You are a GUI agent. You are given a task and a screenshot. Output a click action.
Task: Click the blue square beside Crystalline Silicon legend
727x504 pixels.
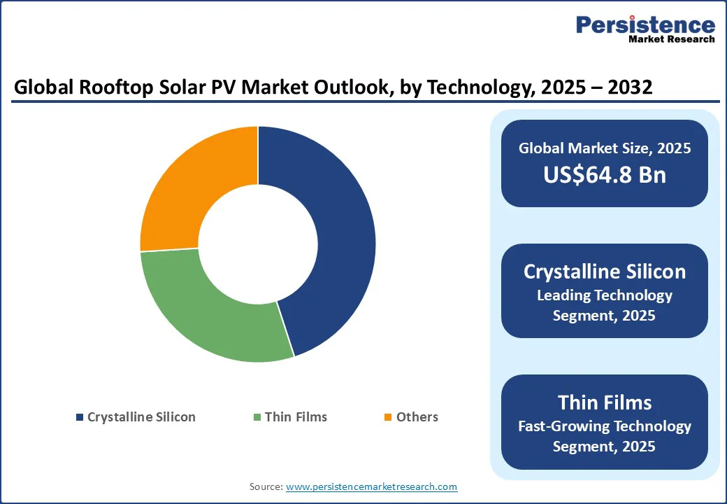[80, 417]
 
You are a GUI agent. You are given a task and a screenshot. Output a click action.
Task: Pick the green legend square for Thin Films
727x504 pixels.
[257, 417]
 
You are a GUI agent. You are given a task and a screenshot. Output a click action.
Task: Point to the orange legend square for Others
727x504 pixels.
[389, 417]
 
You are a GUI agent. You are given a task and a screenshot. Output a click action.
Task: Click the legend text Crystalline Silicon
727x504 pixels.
[141, 417]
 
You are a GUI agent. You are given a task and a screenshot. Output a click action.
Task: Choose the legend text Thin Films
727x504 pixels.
[296, 417]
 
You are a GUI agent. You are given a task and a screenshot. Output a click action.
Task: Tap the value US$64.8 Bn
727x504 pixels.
[605, 175]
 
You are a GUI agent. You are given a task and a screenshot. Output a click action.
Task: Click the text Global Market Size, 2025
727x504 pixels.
[605, 148]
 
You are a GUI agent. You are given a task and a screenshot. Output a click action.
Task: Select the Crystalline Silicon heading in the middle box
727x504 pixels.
[605, 272]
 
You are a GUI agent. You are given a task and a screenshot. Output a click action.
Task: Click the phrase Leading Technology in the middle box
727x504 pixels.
[605, 295]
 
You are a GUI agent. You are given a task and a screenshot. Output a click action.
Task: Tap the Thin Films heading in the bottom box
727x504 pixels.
[605, 402]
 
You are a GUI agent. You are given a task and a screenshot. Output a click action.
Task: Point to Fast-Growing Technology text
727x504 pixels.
[605, 426]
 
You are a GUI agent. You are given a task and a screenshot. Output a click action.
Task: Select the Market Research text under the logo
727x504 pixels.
[671, 39]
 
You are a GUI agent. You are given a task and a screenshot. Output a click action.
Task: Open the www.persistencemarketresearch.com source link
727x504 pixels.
[371, 486]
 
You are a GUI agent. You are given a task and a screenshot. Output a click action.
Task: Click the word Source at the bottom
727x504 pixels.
[266, 486]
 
